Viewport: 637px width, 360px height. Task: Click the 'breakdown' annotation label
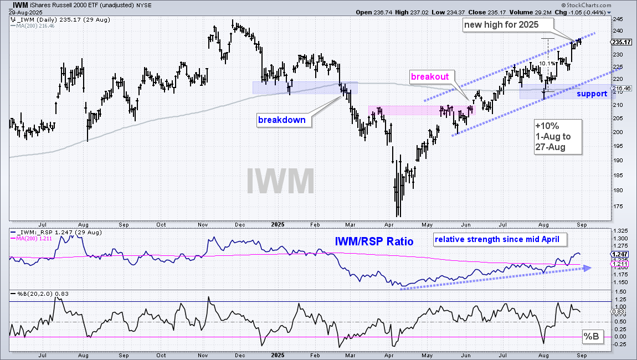coord(281,120)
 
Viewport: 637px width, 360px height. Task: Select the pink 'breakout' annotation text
coord(430,76)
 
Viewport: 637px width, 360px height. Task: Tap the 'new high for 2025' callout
coord(501,24)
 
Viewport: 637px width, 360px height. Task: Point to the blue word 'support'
coord(592,94)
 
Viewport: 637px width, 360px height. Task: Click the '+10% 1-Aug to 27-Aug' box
coord(558,137)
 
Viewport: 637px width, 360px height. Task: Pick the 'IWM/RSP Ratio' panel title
coord(374,242)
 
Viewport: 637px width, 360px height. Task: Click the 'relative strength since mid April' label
coord(497,240)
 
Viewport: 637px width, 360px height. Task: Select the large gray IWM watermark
coord(280,181)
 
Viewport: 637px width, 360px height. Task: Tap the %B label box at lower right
coord(591,336)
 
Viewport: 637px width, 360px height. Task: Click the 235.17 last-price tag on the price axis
coord(621,42)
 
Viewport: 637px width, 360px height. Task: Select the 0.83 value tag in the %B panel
coord(618,312)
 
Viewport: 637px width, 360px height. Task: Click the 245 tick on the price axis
coord(618,19)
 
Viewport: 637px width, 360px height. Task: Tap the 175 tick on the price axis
coord(618,207)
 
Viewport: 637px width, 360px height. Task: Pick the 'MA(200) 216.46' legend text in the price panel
coord(35,26)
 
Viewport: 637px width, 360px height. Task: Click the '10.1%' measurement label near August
coord(547,64)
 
